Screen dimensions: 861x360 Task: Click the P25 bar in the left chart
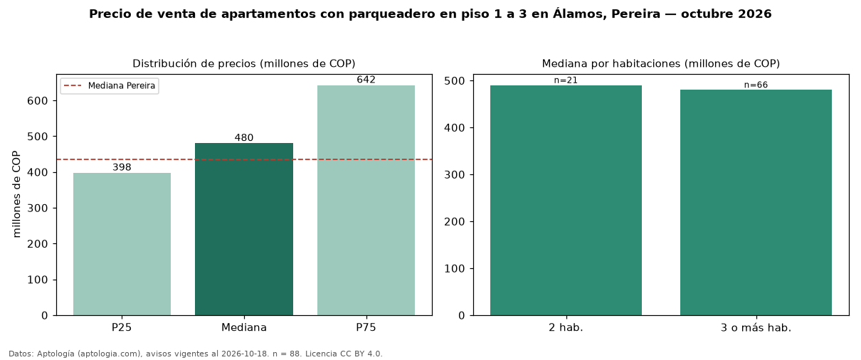(122, 244)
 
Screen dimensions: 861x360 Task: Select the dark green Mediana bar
(244, 229)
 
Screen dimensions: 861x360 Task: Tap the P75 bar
(366, 200)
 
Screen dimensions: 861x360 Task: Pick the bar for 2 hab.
(566, 200)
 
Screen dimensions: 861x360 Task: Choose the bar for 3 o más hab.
(756, 203)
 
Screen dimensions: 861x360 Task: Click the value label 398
(122, 167)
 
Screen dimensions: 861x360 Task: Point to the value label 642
(366, 80)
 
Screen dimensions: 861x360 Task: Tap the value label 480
(244, 137)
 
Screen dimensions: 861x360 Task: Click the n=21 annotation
(566, 80)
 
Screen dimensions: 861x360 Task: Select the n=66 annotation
(756, 85)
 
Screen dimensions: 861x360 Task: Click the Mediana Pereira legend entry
(110, 85)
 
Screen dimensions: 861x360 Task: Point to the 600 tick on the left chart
(37, 100)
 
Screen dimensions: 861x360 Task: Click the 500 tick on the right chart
(454, 81)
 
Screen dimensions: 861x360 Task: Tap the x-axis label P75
(366, 327)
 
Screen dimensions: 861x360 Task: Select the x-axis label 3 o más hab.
(756, 328)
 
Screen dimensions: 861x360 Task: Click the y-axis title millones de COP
(16, 194)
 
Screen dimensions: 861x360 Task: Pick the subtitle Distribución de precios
(194, 63)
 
